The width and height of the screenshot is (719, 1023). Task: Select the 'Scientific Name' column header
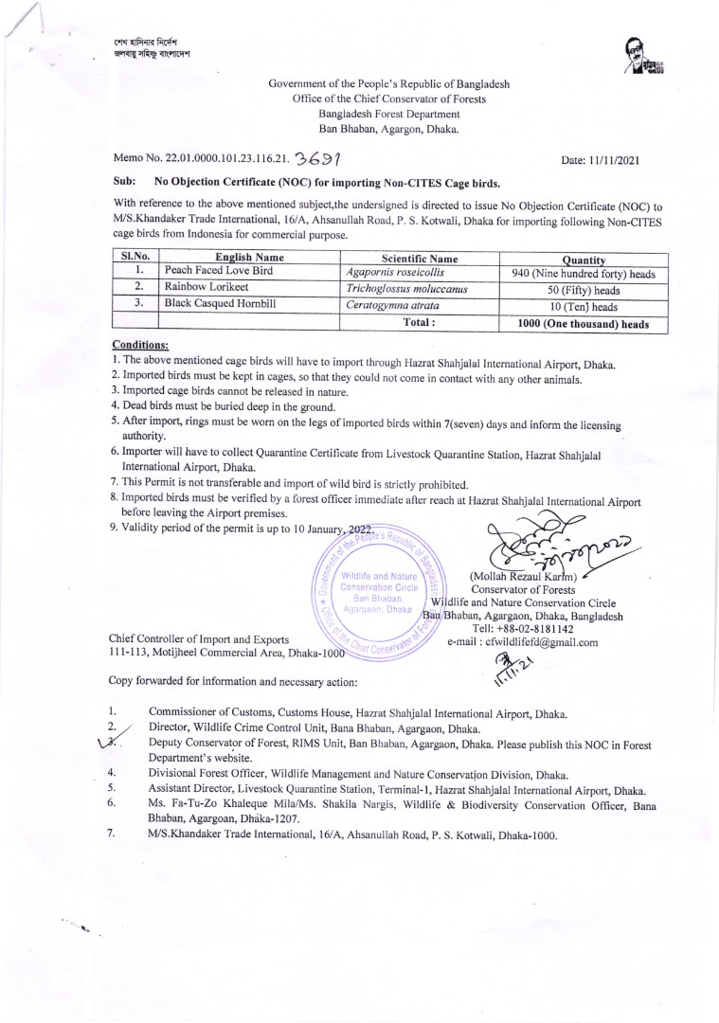click(419, 258)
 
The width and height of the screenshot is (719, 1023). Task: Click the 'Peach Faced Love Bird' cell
click(219, 271)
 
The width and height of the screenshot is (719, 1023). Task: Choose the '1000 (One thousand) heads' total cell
click(583, 323)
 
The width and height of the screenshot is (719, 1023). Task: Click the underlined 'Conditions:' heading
click(139, 345)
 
